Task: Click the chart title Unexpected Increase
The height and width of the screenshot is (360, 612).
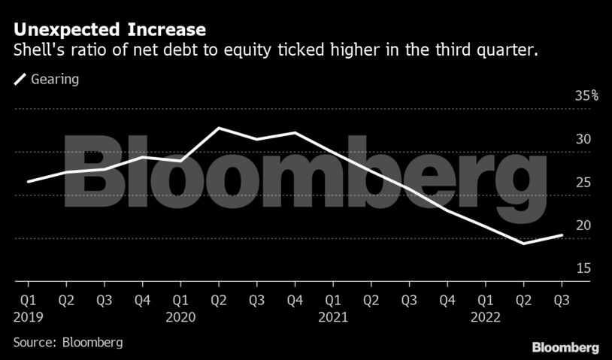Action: pos(110,31)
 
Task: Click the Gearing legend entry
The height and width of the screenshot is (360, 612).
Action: pos(47,79)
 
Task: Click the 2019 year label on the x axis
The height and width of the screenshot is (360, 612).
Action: pos(27,317)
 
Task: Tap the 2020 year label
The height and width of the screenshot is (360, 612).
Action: pos(180,317)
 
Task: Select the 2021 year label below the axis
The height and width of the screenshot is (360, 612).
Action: pos(333,317)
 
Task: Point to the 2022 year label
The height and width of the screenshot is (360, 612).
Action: pos(486,317)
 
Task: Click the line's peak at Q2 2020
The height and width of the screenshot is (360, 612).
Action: pos(219,128)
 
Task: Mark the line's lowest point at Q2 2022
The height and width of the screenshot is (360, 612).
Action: pos(523,244)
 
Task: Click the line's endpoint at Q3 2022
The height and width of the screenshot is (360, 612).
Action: pos(562,235)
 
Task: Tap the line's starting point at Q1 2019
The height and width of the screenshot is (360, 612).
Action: pos(28,182)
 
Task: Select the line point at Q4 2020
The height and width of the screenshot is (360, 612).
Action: pos(295,133)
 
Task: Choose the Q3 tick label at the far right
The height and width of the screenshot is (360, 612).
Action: pos(562,300)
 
